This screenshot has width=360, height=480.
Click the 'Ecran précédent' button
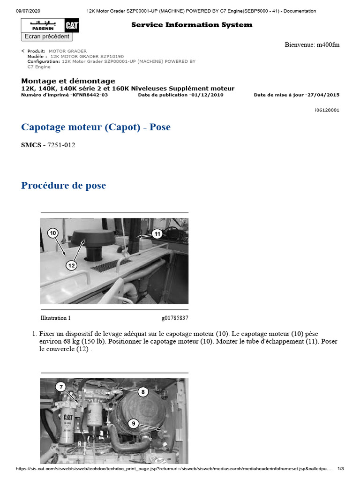[47, 37]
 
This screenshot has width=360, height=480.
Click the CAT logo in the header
[72, 26]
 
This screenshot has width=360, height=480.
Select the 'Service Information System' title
[191, 25]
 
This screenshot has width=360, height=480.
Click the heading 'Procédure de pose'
[63, 186]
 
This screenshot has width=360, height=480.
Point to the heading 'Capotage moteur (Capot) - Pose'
[96, 127]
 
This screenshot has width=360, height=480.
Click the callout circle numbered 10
[52, 233]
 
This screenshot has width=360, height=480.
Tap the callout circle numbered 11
[157, 233]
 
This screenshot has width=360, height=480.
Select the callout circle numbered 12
[71, 265]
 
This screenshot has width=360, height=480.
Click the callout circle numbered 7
[60, 387]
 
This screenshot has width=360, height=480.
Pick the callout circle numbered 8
[143, 391]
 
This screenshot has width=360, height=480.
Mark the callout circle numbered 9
[134, 424]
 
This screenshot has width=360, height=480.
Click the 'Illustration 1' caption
[55, 318]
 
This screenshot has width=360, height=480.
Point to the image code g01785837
[175, 318]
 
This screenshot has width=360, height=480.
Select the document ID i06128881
[327, 110]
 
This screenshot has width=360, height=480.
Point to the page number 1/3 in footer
[341, 469]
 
